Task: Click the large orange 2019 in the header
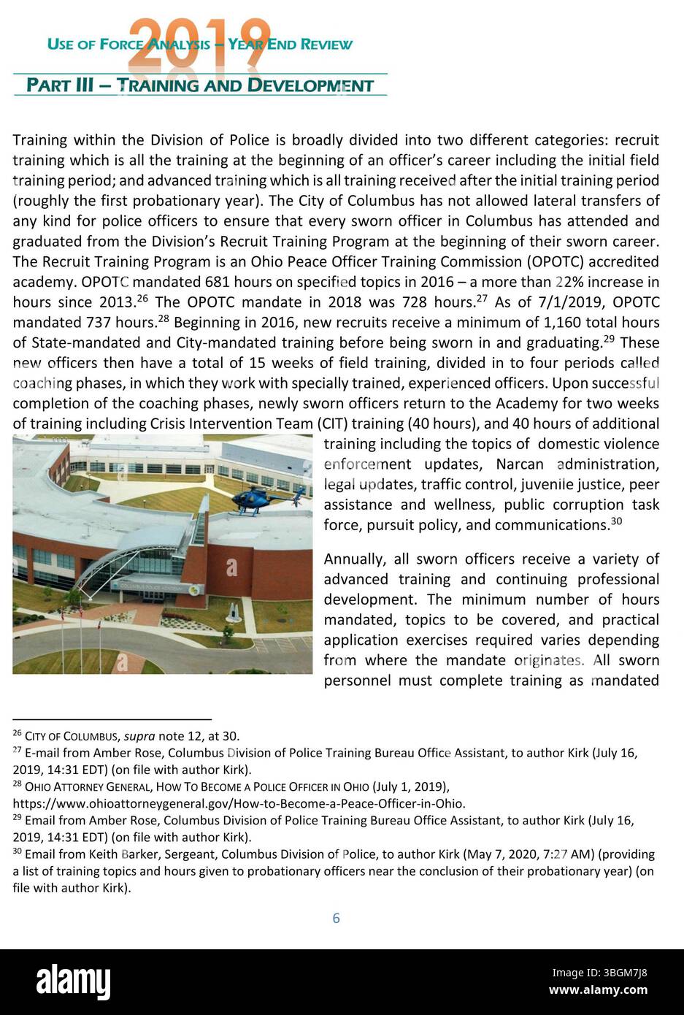tap(199, 40)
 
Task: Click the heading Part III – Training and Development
tap(199, 85)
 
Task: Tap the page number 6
tap(336, 918)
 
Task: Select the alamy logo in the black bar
tap(73, 982)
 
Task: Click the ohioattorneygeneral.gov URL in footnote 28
tap(239, 803)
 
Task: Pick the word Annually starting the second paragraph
tap(356, 559)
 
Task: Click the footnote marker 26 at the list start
tap(17, 733)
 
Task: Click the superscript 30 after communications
tap(617, 521)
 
